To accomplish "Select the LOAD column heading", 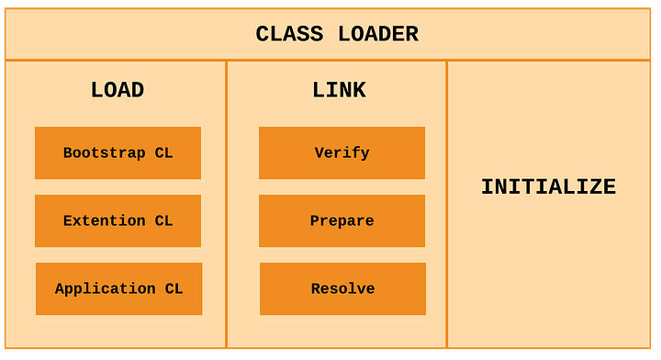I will click(118, 90).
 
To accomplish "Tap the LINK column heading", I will click(339, 90).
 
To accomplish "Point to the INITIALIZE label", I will click(548, 187).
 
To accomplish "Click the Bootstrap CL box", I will click(118, 152).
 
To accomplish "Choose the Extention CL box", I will click(118, 220).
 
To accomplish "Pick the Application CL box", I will click(118, 288).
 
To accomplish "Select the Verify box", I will click(342, 152).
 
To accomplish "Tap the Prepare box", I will click(342, 220).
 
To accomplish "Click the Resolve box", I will click(342, 288).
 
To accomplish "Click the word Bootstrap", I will click(104, 152).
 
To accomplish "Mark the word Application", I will click(105, 288).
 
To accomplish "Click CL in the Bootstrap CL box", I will click(163, 152).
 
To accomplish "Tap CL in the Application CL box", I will click(174, 288).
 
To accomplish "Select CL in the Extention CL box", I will click(163, 220).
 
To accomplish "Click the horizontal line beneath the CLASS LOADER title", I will click(330, 61).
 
